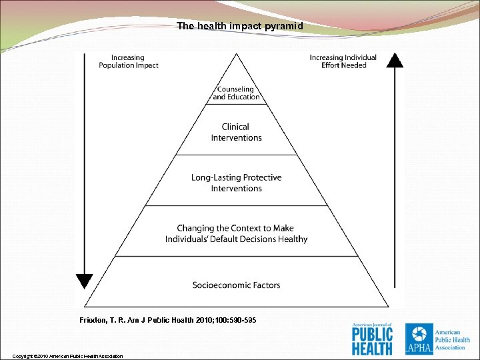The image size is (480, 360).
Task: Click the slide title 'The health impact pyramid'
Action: (240, 26)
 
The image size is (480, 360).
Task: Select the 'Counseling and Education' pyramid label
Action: (236, 93)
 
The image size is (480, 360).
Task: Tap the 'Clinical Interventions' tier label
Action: (236, 132)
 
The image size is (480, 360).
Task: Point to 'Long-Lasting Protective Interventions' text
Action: (236, 183)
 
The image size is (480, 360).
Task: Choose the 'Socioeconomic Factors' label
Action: (236, 285)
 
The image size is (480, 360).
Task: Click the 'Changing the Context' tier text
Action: (236, 233)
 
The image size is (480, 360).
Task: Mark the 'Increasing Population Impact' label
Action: (128, 61)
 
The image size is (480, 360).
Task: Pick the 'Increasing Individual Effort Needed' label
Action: (343, 61)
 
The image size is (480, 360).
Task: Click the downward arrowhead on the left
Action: (84, 281)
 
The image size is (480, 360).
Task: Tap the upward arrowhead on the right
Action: (395, 60)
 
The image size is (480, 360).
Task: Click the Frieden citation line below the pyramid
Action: (167, 321)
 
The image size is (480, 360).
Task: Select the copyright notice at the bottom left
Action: (67, 356)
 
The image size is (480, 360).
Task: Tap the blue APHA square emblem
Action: (418, 338)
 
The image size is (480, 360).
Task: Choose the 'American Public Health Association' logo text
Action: (452, 338)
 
